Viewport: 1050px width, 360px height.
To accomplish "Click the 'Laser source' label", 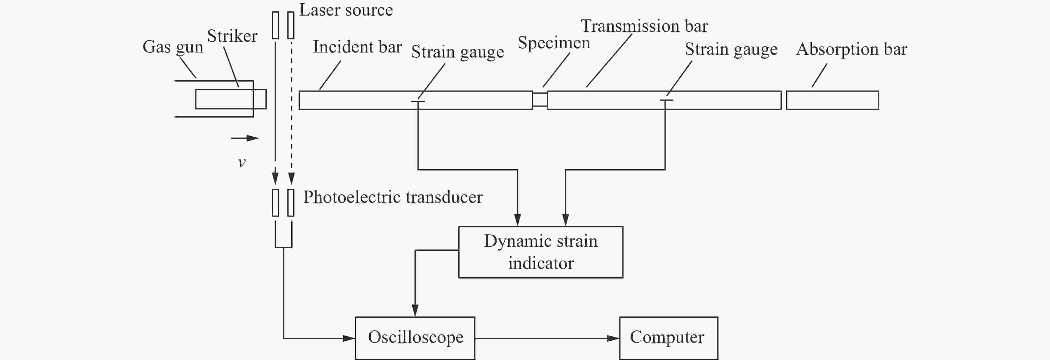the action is pos(346,10).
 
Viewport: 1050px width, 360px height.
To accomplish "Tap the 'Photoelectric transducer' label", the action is pos(393,197).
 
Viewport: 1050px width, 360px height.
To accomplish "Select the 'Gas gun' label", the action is pos(173,47).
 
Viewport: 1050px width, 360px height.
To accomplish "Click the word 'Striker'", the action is pos(232,36).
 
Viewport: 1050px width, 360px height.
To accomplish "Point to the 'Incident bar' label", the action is pos(357,47).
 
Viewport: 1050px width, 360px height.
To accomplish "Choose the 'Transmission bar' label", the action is pos(644,26).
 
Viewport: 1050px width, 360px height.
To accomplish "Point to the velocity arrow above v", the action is pos(244,138).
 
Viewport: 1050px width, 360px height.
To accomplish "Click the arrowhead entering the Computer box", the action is pos(613,338).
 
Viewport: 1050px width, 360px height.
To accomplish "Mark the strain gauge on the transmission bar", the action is pos(666,100).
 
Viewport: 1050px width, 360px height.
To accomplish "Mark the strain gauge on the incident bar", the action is pos(418,101).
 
